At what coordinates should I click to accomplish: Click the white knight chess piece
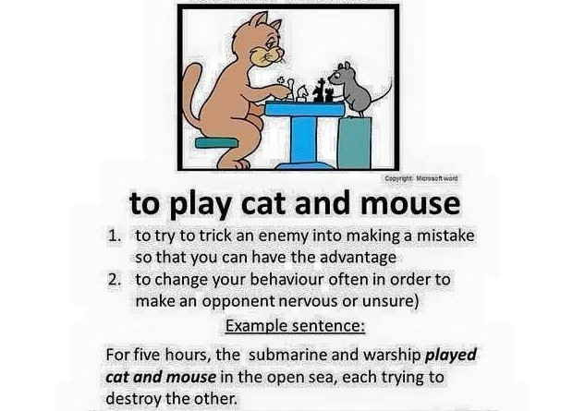coord(301,93)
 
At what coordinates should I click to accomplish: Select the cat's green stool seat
coord(216,142)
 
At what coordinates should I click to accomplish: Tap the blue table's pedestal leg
coord(304,139)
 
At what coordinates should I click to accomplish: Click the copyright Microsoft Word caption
coord(421,178)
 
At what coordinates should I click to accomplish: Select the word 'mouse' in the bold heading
coord(410,203)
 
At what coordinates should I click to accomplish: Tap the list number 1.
coord(114,236)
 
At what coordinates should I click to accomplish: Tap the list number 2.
coord(114,279)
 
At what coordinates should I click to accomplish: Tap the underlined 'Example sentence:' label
coord(295,326)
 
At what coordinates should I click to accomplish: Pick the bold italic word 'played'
coord(451,356)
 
